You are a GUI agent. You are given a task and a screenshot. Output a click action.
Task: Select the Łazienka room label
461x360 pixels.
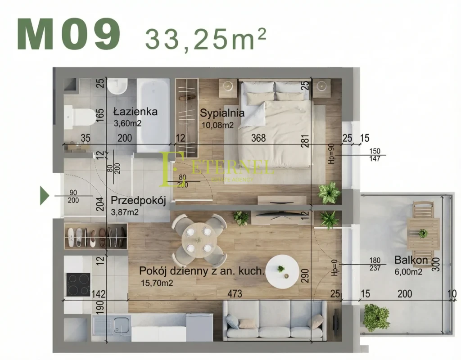(x=135, y=111)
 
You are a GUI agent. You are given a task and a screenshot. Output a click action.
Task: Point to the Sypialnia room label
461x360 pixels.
(x=222, y=112)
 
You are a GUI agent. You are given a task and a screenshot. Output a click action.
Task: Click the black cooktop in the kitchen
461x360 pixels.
(x=78, y=284)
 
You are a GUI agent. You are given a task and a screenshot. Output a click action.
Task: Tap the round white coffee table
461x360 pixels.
(x=281, y=270)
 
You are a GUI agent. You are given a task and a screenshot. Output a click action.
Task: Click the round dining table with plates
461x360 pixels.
(x=199, y=239)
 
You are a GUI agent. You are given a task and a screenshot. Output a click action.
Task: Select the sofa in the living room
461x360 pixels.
(x=274, y=320)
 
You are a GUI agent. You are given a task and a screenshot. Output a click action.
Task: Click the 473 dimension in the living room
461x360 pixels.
(x=235, y=294)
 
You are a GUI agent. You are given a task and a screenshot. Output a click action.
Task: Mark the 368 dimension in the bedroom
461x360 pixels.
(x=258, y=138)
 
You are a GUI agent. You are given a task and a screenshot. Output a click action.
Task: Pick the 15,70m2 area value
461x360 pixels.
(x=156, y=283)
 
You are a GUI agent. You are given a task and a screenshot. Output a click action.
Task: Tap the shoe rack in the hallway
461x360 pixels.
(x=95, y=236)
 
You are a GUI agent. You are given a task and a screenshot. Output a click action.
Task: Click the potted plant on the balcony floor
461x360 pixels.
(x=376, y=317)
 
